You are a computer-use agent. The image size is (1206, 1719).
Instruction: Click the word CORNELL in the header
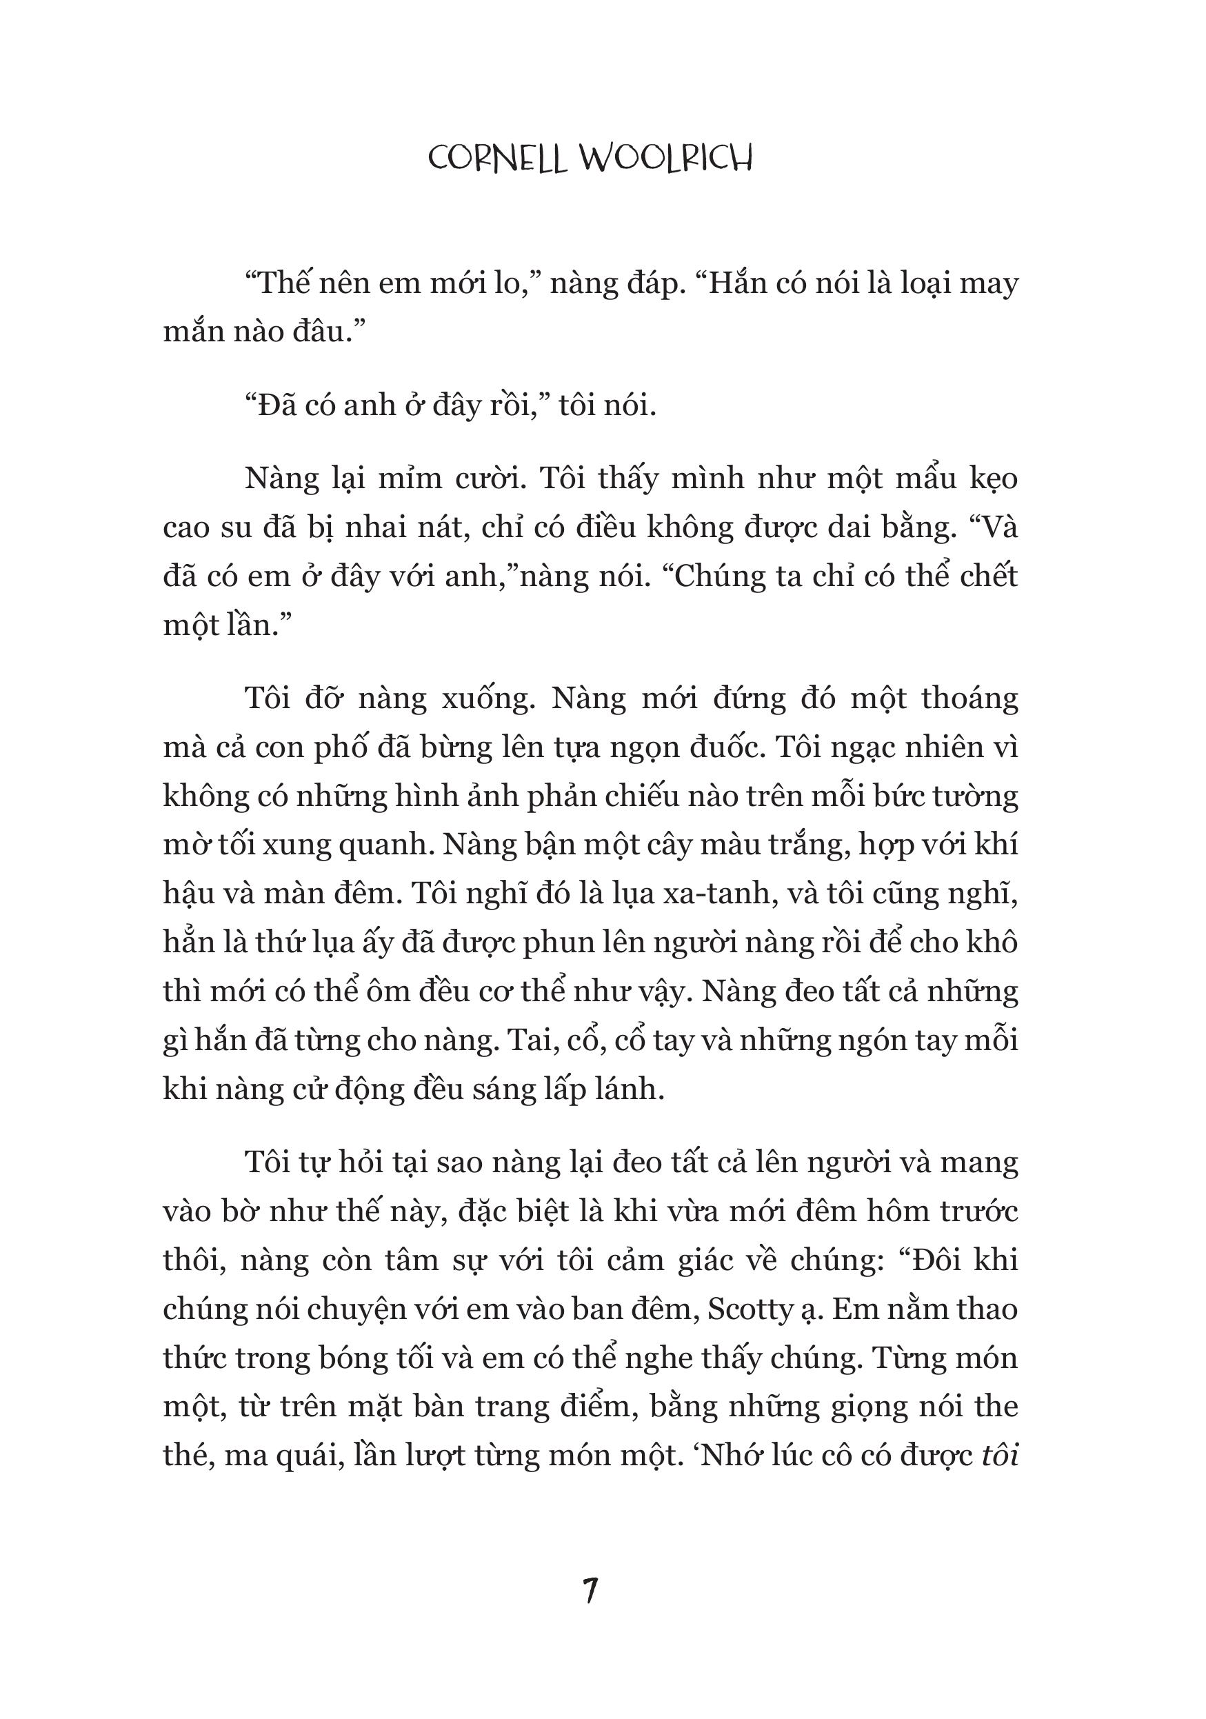497,159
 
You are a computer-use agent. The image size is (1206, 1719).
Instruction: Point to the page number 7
591,1591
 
